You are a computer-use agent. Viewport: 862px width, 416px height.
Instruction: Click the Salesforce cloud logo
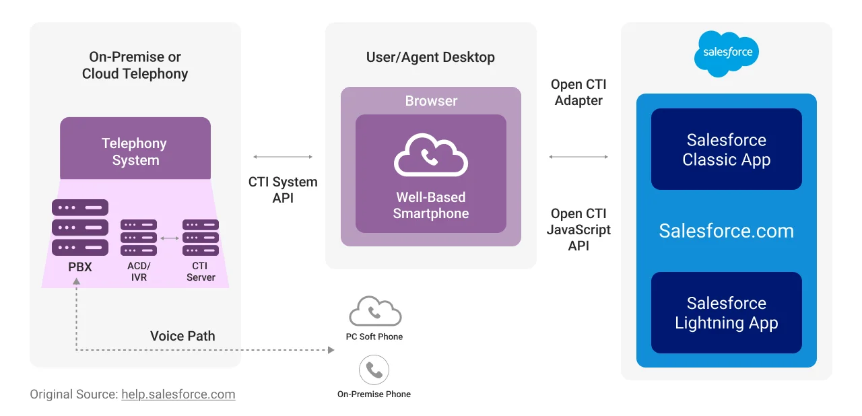tap(727, 53)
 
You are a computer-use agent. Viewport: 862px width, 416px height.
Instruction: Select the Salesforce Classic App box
tap(726, 149)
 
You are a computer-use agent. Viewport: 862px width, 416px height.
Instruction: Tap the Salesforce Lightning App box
tap(726, 313)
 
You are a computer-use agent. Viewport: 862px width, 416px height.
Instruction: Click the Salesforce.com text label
tap(726, 231)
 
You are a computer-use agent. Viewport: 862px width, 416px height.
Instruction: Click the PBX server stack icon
tap(80, 228)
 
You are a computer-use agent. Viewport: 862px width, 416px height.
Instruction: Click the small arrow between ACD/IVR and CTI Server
tap(170, 238)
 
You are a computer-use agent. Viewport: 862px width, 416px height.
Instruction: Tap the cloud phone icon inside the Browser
tap(431, 155)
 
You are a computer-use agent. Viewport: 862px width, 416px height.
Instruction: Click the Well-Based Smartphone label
tap(431, 205)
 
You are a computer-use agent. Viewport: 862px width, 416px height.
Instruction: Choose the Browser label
tap(431, 101)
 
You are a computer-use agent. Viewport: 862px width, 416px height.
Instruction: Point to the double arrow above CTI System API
tap(283, 157)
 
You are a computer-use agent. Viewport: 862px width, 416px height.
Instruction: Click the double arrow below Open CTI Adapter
tap(578, 157)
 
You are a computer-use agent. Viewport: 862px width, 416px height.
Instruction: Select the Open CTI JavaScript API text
tap(578, 230)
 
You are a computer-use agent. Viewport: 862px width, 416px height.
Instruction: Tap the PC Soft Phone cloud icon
tap(375, 312)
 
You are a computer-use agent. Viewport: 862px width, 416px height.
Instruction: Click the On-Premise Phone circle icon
tap(374, 370)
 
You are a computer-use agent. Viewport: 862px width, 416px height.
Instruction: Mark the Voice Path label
tap(183, 336)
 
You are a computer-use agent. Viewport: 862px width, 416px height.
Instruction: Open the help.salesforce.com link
tap(178, 394)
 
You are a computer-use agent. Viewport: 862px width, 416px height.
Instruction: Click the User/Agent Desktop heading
tap(430, 57)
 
